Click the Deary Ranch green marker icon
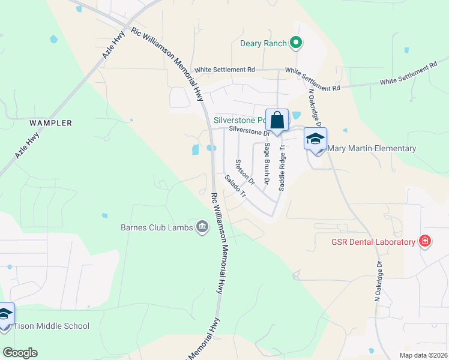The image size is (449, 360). (x=295, y=43)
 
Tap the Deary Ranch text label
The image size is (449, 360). (x=263, y=43)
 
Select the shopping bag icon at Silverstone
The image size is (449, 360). (x=277, y=119)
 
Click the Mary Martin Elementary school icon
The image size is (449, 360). (x=315, y=139)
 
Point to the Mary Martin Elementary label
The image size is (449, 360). (x=372, y=148)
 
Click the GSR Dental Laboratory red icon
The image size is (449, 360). (x=425, y=241)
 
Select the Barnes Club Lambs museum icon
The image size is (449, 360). (x=202, y=226)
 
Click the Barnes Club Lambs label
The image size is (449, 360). (x=155, y=227)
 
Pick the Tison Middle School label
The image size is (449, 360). (x=51, y=326)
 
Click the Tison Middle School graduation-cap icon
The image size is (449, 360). (x=5, y=314)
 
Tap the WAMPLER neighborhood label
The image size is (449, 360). (x=51, y=123)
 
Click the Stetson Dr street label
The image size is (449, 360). (x=245, y=172)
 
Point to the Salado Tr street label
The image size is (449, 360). (x=235, y=187)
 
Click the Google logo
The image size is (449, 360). (x=20, y=353)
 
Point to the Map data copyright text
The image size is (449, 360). (x=423, y=355)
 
